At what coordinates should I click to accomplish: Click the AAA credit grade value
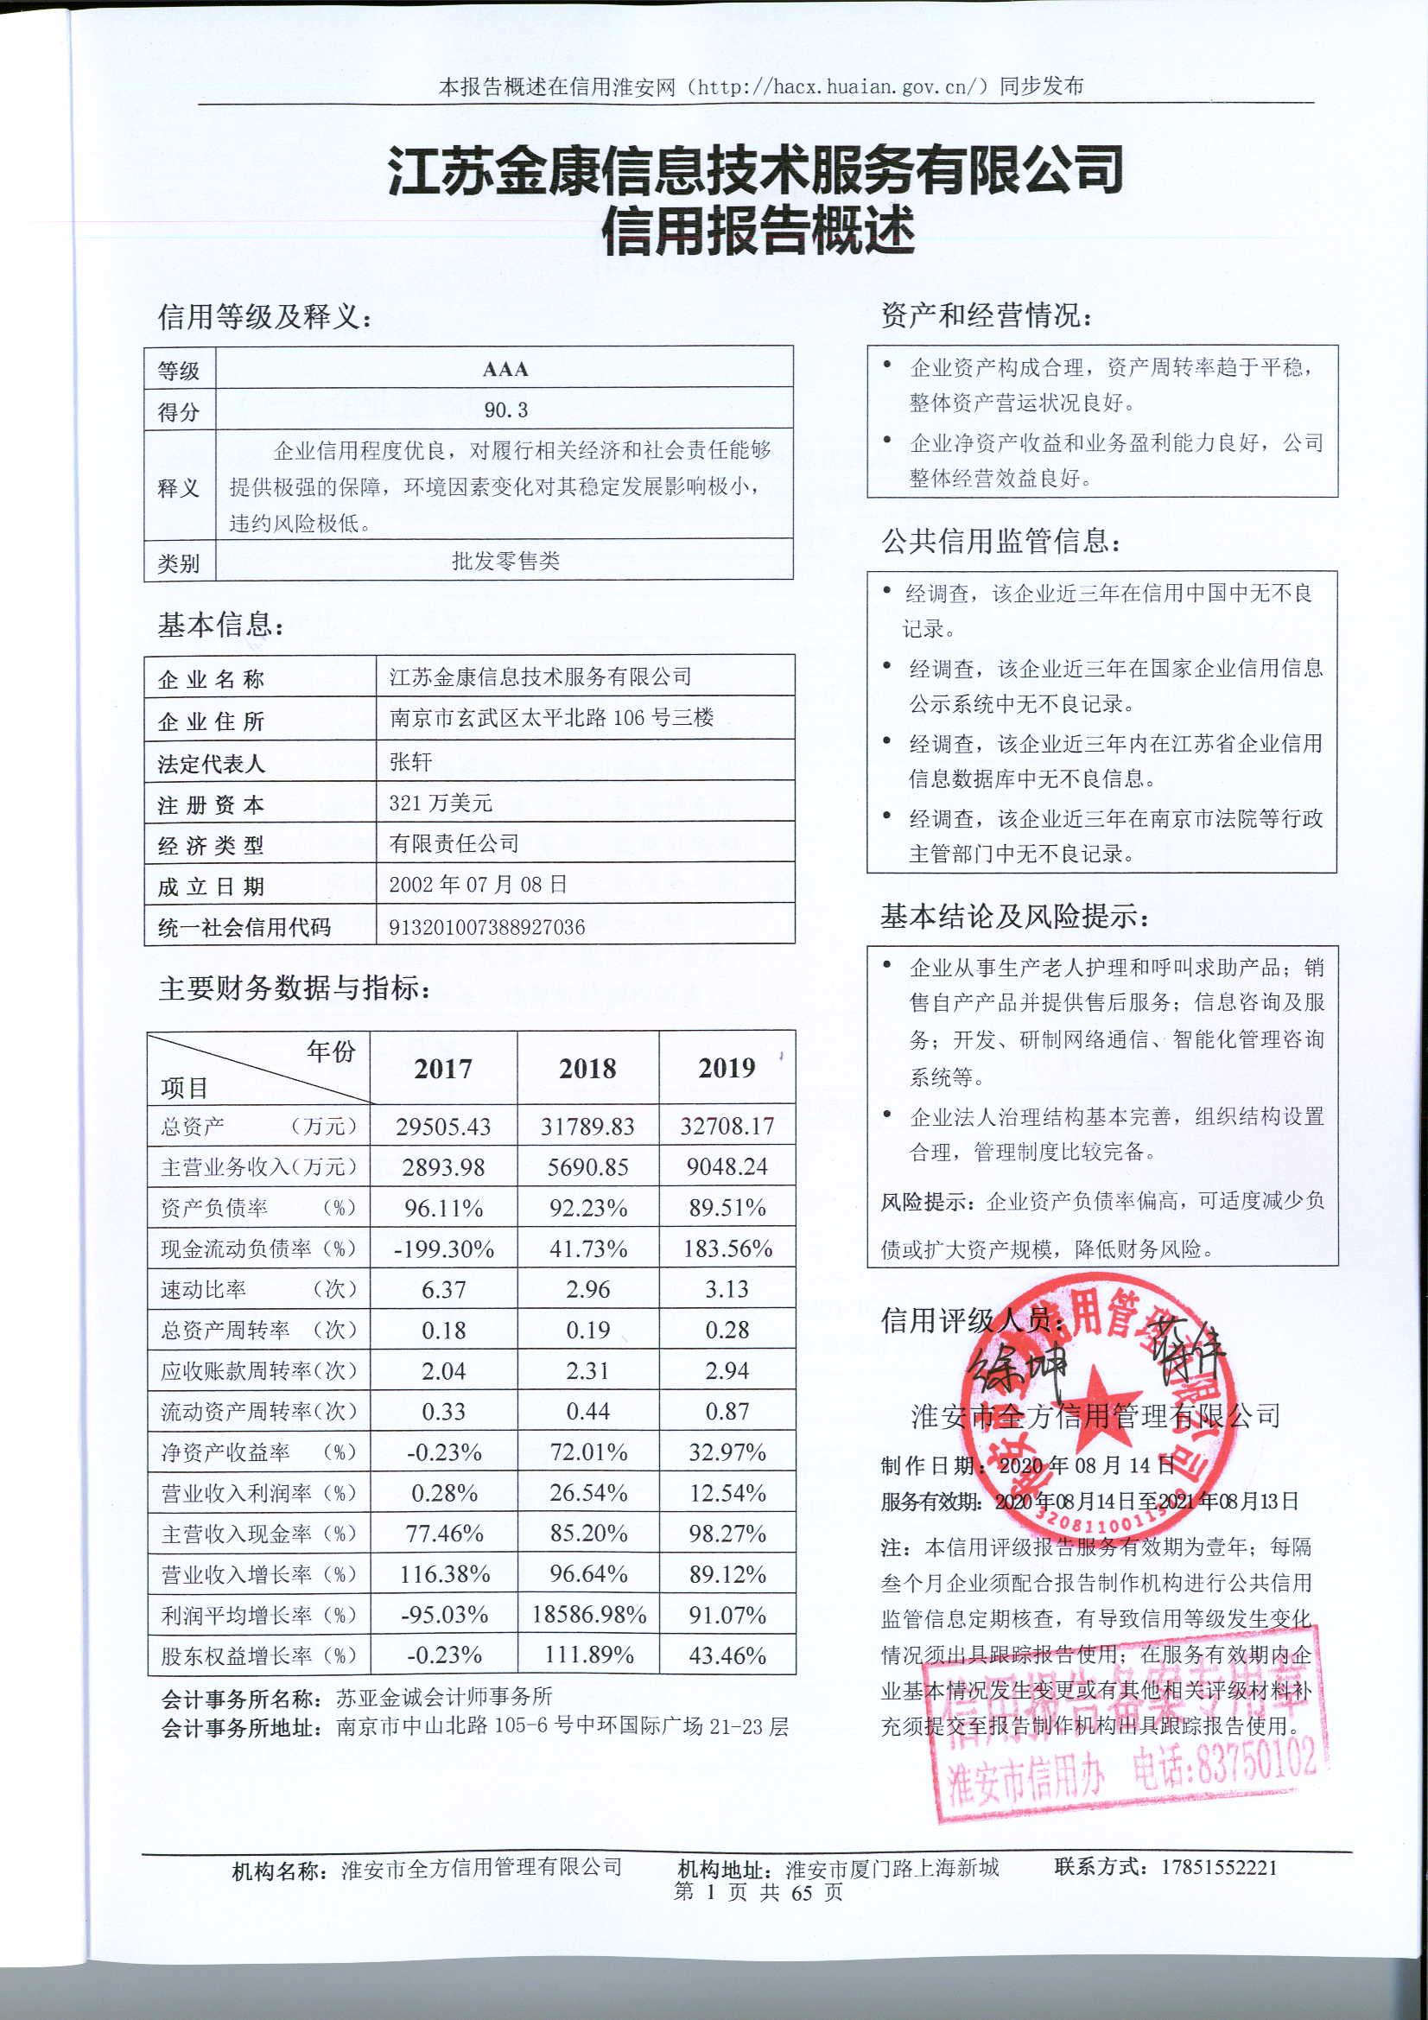point(505,370)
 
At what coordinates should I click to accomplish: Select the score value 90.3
point(506,410)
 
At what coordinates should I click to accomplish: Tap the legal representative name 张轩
point(411,761)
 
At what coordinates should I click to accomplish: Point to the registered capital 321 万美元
point(441,803)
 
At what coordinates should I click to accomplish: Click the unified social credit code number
point(486,926)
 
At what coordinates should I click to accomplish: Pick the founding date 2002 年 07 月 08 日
point(478,884)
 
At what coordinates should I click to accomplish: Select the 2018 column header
point(587,1068)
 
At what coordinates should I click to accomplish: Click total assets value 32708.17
point(727,1126)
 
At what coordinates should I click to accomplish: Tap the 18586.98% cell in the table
point(588,1615)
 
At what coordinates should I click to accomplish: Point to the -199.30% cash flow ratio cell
point(443,1248)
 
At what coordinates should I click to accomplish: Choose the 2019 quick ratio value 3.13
point(727,1289)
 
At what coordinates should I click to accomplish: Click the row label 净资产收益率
point(225,1452)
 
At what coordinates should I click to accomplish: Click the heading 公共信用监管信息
point(1000,541)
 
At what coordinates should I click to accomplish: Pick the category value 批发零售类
point(506,562)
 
